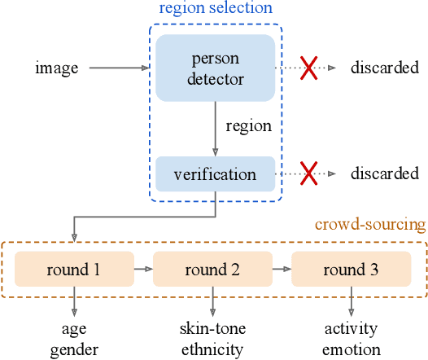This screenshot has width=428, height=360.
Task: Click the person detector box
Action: pyautogui.click(x=216, y=69)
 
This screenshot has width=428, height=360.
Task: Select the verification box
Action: pyautogui.click(x=216, y=174)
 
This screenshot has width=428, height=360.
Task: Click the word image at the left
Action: pyautogui.click(x=57, y=68)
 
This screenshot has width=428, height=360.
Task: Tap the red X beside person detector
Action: pyautogui.click(x=309, y=69)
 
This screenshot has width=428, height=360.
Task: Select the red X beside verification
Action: pyautogui.click(x=309, y=173)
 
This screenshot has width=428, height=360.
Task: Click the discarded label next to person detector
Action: pyautogui.click(x=385, y=68)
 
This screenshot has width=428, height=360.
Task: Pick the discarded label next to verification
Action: pyautogui.click(x=385, y=173)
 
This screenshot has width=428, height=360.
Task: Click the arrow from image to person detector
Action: pyautogui.click(x=119, y=69)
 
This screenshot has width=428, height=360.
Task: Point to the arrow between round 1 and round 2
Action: pyautogui.click(x=143, y=268)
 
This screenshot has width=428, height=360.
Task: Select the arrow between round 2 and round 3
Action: pyautogui.click(x=282, y=268)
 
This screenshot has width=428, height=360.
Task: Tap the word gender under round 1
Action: pyautogui.click(x=74, y=349)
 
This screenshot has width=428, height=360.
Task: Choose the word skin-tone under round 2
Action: pyautogui.click(x=212, y=329)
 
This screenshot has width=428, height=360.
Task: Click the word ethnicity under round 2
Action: pyautogui.click(x=212, y=349)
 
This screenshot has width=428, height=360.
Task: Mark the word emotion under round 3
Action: pyautogui.click(x=351, y=349)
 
